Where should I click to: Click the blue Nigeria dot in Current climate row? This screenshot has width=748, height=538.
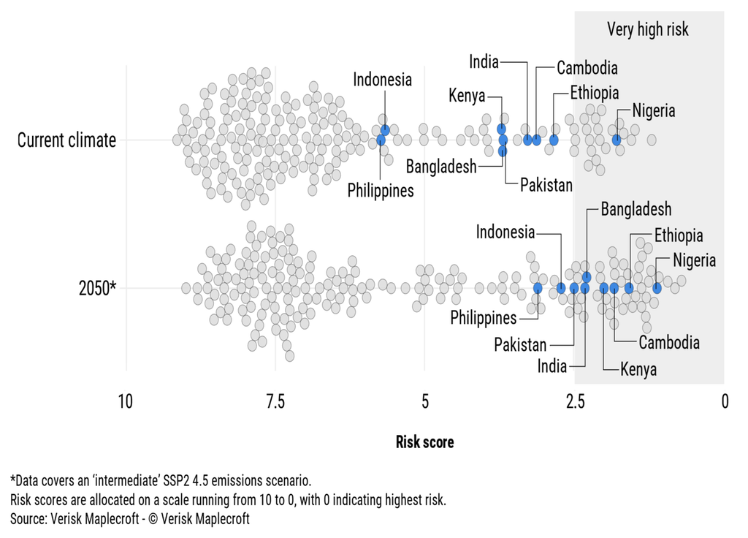[x=617, y=140]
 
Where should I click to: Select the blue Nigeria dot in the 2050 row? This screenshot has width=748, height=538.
[x=657, y=288]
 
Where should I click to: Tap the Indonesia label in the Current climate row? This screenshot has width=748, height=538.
[x=383, y=80]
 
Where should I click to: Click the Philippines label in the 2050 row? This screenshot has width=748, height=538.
[x=483, y=318]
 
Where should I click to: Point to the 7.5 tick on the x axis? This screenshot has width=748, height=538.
[x=275, y=401]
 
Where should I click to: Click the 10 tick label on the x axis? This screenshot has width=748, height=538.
[x=126, y=401]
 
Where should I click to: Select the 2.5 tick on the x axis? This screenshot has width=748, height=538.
[x=575, y=401]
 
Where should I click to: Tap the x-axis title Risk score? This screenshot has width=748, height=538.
[x=424, y=442]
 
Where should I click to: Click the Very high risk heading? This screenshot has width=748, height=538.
[x=648, y=29]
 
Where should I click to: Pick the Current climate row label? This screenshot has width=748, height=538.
[x=66, y=140]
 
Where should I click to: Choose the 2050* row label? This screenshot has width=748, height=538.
[x=97, y=288]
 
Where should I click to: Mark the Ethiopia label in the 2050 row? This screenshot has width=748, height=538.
[x=678, y=235]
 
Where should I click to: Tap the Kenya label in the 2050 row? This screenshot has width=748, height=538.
[x=638, y=369]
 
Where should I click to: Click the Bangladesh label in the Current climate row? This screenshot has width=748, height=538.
[x=440, y=166]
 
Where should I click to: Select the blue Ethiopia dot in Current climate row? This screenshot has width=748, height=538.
[x=554, y=140]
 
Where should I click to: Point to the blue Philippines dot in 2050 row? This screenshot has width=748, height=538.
[x=538, y=288]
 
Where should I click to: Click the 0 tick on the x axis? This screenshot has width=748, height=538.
[x=725, y=401]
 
